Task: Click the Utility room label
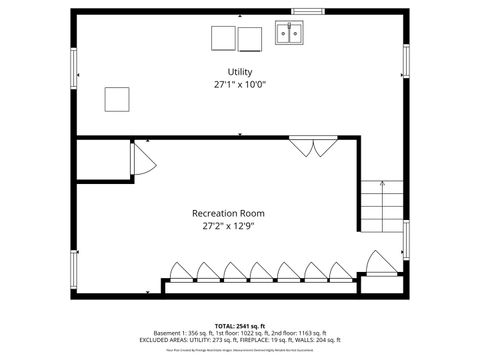click(x=240, y=72)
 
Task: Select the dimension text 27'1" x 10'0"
click(x=240, y=85)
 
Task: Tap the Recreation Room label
click(x=228, y=213)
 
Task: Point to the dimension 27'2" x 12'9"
click(x=228, y=226)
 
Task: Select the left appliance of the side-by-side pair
click(x=222, y=38)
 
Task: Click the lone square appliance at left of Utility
click(x=118, y=98)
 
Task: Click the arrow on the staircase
click(x=383, y=184)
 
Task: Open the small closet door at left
click(x=140, y=160)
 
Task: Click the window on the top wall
click(x=307, y=11)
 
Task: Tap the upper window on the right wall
click(x=406, y=63)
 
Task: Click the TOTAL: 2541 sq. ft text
click(x=240, y=326)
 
